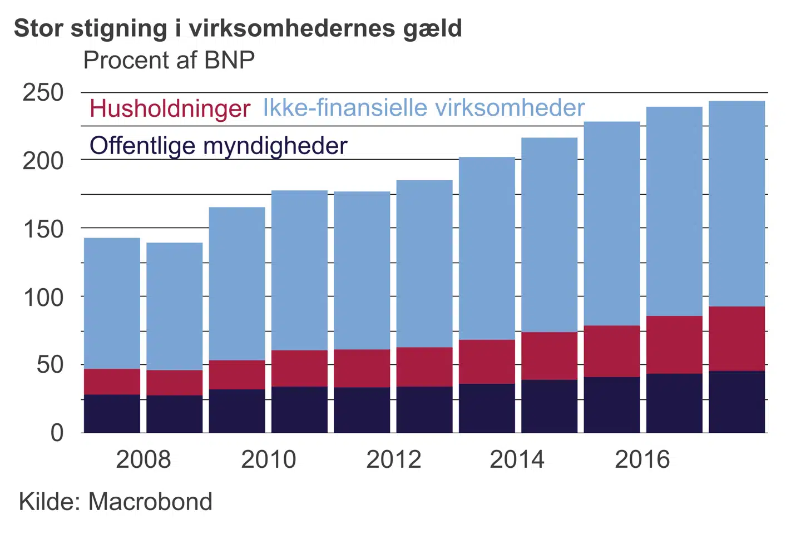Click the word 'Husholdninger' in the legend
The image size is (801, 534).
170,108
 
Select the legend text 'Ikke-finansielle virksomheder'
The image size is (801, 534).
424,107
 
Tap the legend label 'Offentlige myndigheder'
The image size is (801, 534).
218,146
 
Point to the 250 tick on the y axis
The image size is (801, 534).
43,93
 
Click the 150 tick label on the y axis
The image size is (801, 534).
43,229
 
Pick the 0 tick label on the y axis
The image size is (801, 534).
57,433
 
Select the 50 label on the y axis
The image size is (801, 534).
50,365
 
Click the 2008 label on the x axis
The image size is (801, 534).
143,459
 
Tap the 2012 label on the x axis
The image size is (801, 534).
393,459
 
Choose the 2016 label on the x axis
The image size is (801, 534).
642,459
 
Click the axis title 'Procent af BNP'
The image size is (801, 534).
169,60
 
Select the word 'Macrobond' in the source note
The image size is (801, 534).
150,502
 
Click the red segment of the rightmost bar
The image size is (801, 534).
736,338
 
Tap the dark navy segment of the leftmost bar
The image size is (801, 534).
112,413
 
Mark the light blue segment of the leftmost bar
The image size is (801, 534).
112,303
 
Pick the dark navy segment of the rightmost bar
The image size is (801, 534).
736,402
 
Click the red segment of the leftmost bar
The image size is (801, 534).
112,382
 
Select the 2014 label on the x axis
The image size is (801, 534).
517,459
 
